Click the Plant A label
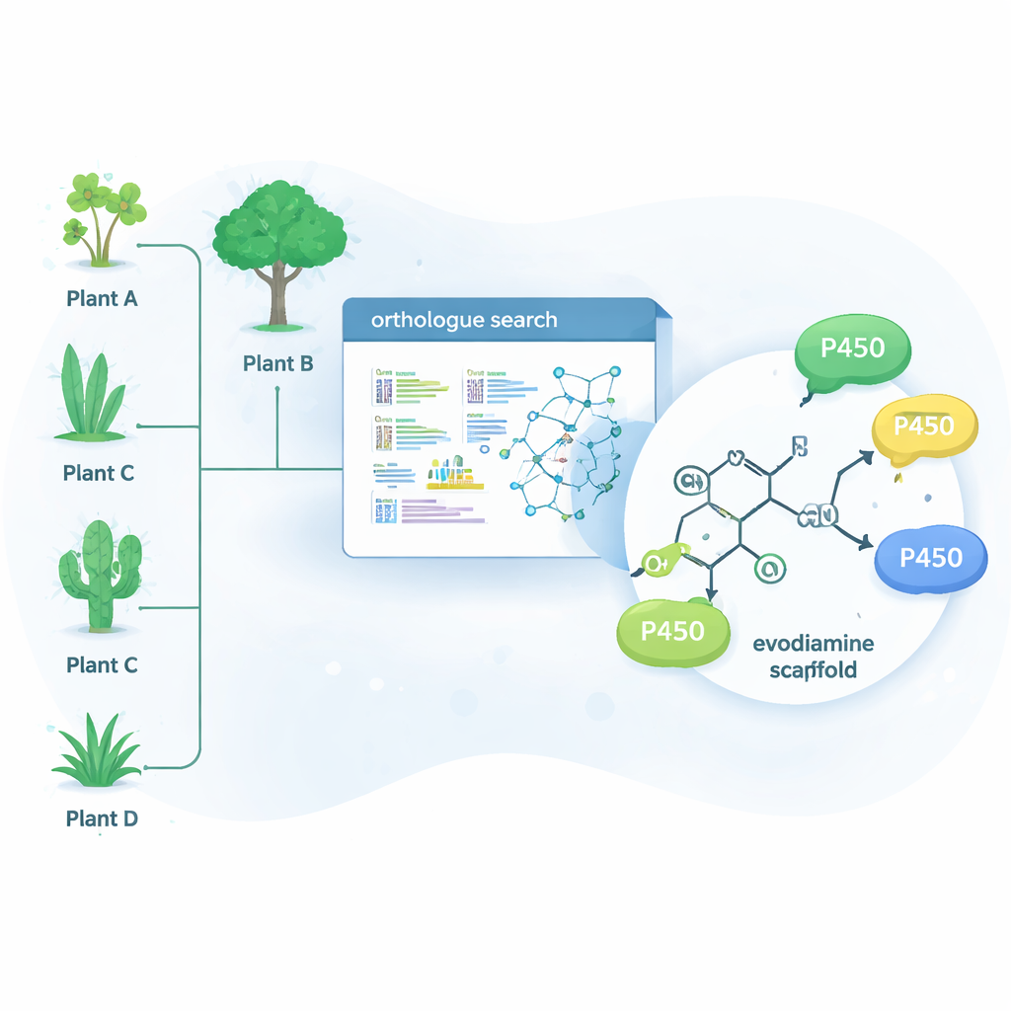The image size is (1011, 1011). pos(102,297)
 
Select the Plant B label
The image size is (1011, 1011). pos(277,363)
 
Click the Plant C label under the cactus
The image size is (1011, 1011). pos(102,664)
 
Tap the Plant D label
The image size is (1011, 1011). pos(102,818)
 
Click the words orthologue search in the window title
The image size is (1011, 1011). pos(463,321)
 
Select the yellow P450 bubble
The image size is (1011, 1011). pos(924,427)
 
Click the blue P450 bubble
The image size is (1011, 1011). pos(931,558)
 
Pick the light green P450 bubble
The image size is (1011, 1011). pos(672,631)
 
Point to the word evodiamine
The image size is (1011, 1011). pos(813,644)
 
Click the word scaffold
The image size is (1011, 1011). pos(815,670)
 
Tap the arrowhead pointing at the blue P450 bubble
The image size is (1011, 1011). pos(869,542)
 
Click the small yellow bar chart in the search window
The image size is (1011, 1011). pos(455,476)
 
